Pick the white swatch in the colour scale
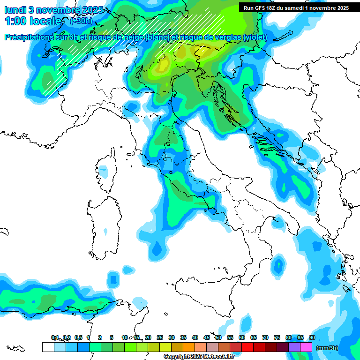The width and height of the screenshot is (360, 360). (x=48, y=347)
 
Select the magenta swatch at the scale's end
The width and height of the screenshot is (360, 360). (x=306, y=347)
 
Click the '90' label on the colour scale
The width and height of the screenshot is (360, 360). (x=312, y=337)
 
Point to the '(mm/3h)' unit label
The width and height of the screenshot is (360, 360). (x=327, y=348)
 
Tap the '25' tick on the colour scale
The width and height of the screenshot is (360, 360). (x=159, y=337)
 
